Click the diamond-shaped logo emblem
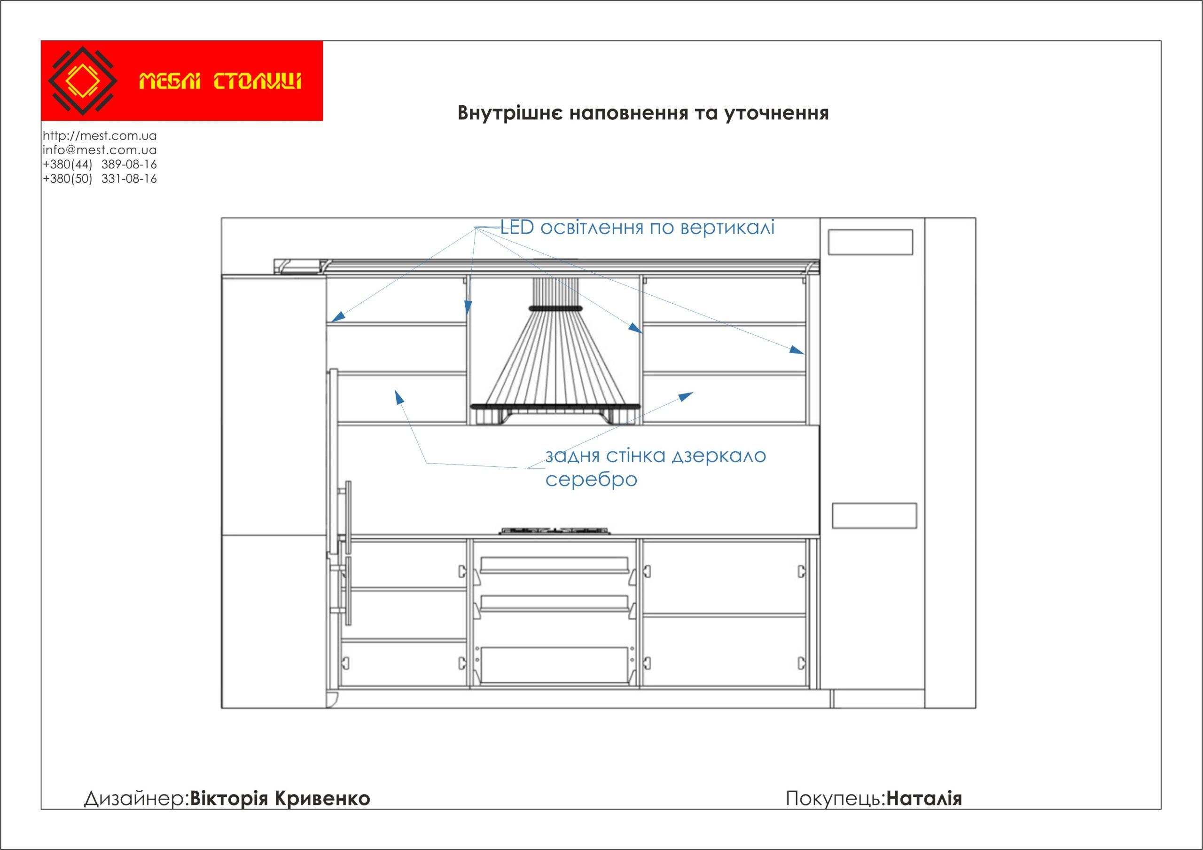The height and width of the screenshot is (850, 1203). pos(82,81)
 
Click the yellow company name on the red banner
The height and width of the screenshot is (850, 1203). pos(220,82)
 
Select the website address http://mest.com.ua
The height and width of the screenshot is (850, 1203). pos(100,136)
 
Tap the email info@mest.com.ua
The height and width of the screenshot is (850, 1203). pos(100,150)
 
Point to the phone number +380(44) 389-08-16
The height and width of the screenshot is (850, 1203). pos(100,164)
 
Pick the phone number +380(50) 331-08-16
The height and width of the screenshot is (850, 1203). pos(100,179)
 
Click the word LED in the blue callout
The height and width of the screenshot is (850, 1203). pos(517,228)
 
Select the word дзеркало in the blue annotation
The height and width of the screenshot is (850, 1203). pos(719,456)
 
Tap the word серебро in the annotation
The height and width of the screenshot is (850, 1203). pos(591,480)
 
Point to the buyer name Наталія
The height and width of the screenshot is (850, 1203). pos(924,798)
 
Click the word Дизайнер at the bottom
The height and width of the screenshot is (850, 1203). pos(135,798)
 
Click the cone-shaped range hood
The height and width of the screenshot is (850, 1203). pos(555,356)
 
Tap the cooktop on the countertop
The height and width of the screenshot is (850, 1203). pos(555,531)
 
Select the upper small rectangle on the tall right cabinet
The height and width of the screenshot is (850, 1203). pos(870,242)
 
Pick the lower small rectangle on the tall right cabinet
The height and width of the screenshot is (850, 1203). pos(874,516)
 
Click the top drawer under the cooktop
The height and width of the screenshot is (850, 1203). pos(555,565)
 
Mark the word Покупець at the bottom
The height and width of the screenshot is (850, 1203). pos(834,798)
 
